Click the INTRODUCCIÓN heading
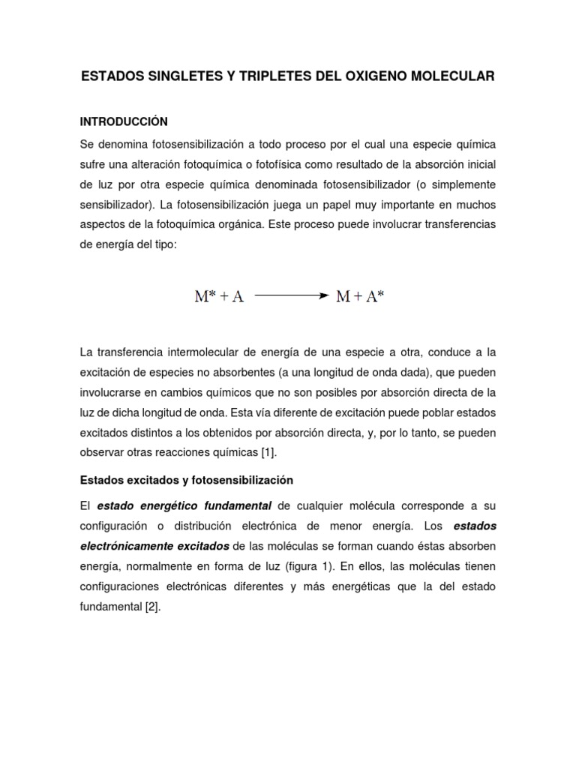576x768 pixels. coord(123,121)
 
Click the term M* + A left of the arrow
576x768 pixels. coord(219,296)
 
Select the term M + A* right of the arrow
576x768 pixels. coord(360,296)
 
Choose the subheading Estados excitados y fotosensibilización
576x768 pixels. coord(186,479)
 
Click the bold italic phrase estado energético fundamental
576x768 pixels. coord(183,507)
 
